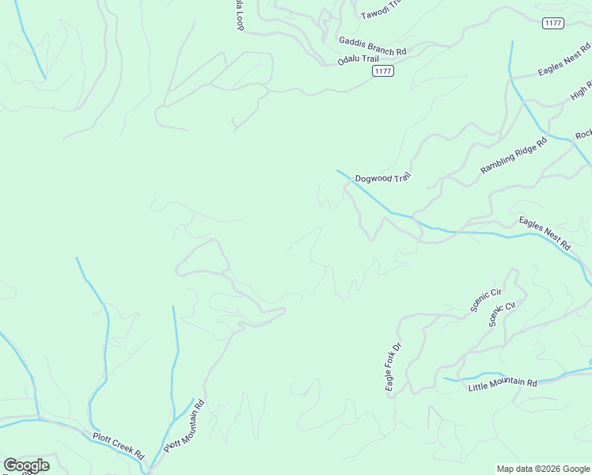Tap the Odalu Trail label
(x=359, y=59)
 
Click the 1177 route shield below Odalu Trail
(x=383, y=71)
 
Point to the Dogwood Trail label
(x=383, y=179)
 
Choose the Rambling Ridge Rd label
(x=514, y=156)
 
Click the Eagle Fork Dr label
(x=393, y=367)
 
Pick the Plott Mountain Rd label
(x=184, y=426)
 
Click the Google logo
(x=26, y=465)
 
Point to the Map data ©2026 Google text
(x=544, y=469)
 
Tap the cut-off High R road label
(x=581, y=92)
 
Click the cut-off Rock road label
(x=583, y=135)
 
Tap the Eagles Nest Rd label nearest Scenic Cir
(x=545, y=234)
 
